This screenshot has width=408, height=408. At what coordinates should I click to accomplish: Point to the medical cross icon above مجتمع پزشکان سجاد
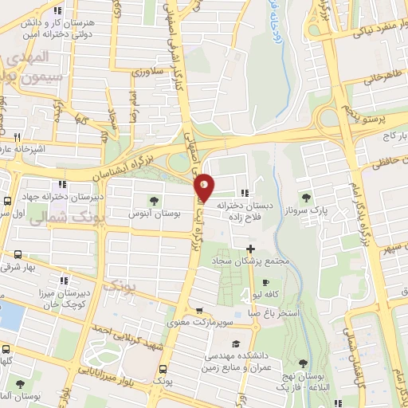point(250,249)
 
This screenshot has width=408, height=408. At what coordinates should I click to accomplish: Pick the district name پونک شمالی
point(57,219)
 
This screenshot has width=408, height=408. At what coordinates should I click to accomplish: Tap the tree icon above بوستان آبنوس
point(154,201)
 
